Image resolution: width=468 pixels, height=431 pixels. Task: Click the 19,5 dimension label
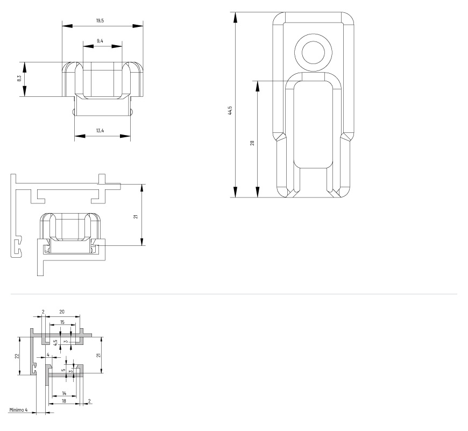pos(100,20)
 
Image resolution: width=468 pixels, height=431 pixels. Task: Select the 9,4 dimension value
pos(100,41)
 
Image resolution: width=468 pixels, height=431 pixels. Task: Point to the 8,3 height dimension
pos(19,79)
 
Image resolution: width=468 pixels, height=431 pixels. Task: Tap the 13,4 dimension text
pos(100,130)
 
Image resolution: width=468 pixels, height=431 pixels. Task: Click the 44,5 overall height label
pos(230,110)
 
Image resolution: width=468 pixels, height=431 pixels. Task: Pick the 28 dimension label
pos(252,143)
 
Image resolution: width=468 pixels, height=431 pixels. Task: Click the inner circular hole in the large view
pos(313,53)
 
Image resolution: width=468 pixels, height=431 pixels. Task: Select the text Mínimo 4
pos(18,410)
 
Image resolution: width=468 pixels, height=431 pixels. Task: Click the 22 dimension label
pos(17,356)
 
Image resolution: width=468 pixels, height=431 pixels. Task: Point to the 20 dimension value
pos(62,312)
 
